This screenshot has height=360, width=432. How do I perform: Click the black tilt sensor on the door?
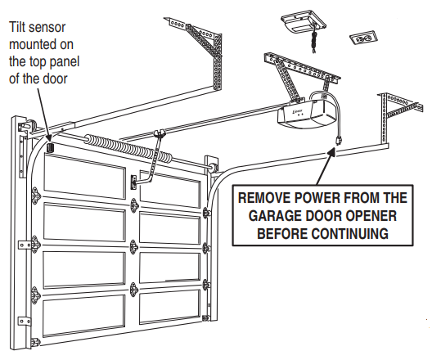click(x=51, y=147)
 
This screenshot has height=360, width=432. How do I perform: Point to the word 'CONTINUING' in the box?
click(x=350, y=233)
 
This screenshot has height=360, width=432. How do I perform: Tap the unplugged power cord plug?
click(x=339, y=140)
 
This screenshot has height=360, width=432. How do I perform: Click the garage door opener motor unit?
click(x=307, y=113)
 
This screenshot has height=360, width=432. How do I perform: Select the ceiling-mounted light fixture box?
click(x=304, y=22)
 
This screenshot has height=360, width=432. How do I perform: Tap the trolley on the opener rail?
click(x=160, y=133)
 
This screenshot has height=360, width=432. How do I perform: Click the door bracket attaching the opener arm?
click(x=133, y=182)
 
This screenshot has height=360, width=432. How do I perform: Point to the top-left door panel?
click(x=84, y=176)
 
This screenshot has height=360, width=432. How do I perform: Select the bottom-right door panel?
click(x=169, y=306)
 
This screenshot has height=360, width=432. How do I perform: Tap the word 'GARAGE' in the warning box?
click(x=276, y=216)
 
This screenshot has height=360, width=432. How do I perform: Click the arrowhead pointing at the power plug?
click(x=331, y=151)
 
